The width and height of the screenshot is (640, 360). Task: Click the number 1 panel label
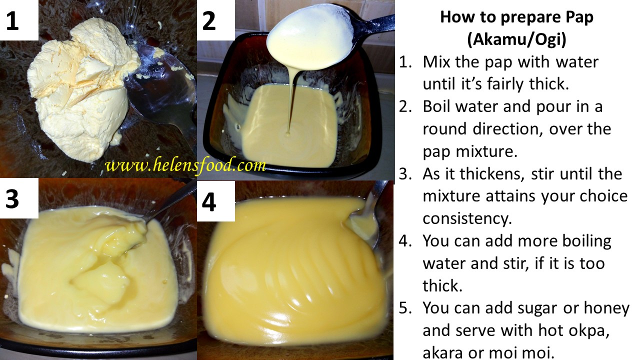click(12, 21)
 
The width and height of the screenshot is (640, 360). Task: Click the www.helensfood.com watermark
click(185, 165)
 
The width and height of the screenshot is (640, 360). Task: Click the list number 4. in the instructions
click(404, 241)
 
